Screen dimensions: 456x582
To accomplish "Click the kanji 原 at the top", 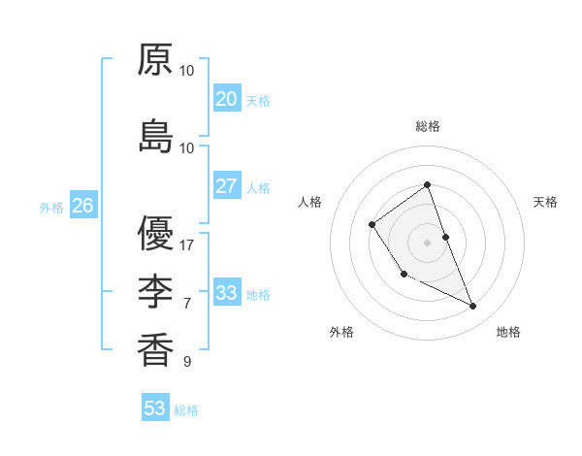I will (x=155, y=60).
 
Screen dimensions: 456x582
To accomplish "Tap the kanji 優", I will (x=155, y=234).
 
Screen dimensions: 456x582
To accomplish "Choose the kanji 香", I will (x=155, y=349).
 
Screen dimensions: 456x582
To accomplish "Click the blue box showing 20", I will (x=226, y=99).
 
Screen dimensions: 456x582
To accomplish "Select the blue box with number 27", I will (x=226, y=186).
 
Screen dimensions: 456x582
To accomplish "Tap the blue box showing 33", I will (x=226, y=293).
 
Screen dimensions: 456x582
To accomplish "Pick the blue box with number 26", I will (x=82, y=206).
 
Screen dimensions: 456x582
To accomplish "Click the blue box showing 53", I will (x=155, y=408).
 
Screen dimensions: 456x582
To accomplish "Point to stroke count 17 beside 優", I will (x=187, y=245).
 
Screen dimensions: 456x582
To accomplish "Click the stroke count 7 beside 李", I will (x=187, y=304).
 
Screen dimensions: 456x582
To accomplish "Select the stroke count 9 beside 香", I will (x=187, y=362).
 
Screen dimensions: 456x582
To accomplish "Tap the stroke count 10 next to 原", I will (x=187, y=71).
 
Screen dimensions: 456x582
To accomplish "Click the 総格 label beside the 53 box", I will (x=186, y=410).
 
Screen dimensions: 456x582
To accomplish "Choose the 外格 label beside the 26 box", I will (x=51, y=207).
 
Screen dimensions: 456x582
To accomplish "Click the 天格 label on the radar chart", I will (x=545, y=202).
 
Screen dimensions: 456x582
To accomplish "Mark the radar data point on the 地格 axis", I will (x=473, y=307).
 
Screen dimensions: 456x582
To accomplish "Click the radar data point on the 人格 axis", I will (x=372, y=225).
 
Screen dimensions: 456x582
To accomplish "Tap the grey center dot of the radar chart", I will (x=427, y=242).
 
